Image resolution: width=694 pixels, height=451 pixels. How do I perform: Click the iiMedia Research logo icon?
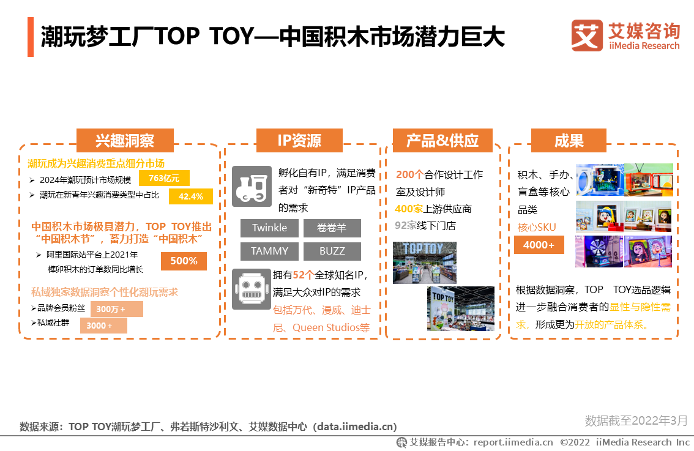point(587,35)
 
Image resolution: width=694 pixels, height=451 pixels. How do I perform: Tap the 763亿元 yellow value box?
point(164,178)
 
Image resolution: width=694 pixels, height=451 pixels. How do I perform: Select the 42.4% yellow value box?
point(191,196)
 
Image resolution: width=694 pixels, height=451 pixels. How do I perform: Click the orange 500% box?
point(184,261)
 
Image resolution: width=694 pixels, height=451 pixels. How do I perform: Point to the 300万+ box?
point(116,309)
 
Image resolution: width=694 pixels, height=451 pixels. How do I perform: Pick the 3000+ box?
point(103,326)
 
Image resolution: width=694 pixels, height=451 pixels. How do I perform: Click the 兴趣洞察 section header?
point(125,141)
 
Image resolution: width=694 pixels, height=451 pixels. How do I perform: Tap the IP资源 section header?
point(300,141)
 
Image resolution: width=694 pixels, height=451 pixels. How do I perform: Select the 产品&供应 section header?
point(442,141)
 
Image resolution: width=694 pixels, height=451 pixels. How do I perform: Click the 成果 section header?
point(569,141)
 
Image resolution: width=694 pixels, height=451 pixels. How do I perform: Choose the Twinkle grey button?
point(269,228)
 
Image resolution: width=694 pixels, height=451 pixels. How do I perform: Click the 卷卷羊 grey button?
point(332,228)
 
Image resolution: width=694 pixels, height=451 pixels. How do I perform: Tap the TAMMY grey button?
point(269,252)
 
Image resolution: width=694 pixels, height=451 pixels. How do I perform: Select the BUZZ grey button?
point(332,252)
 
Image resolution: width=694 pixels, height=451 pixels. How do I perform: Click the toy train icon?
point(252,186)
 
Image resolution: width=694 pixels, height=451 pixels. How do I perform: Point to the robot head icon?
point(252,289)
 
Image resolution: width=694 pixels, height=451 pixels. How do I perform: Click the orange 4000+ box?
point(539,245)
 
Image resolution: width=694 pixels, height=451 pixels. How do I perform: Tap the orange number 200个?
point(410,175)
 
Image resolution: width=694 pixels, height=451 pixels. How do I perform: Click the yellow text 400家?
point(409,209)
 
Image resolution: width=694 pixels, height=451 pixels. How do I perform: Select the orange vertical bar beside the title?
point(31,37)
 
